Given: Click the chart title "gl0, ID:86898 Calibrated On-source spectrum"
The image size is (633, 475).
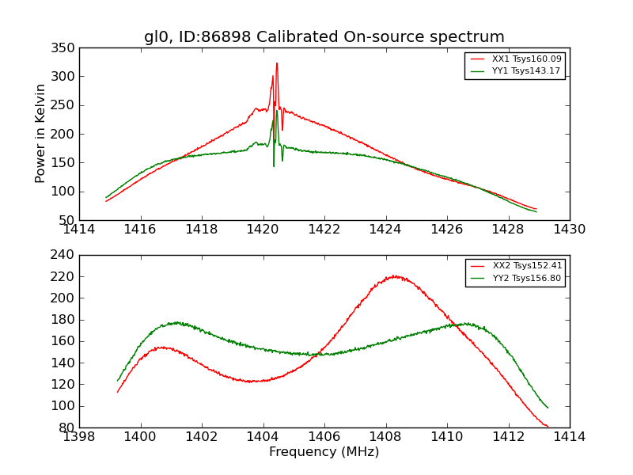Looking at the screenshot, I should [x=324, y=37].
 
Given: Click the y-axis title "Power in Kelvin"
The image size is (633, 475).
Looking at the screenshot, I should [x=40, y=134].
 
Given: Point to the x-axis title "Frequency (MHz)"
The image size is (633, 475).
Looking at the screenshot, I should [x=324, y=452].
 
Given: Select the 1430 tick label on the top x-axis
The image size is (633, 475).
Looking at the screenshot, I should [x=569, y=230].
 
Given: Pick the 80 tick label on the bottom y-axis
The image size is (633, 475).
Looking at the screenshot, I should [x=68, y=427].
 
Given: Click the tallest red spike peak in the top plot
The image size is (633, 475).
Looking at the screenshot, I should [x=277, y=63].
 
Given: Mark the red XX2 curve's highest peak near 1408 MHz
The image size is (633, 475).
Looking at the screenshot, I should [x=394, y=275].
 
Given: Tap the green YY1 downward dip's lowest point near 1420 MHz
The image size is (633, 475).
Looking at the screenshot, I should [x=274, y=165].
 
